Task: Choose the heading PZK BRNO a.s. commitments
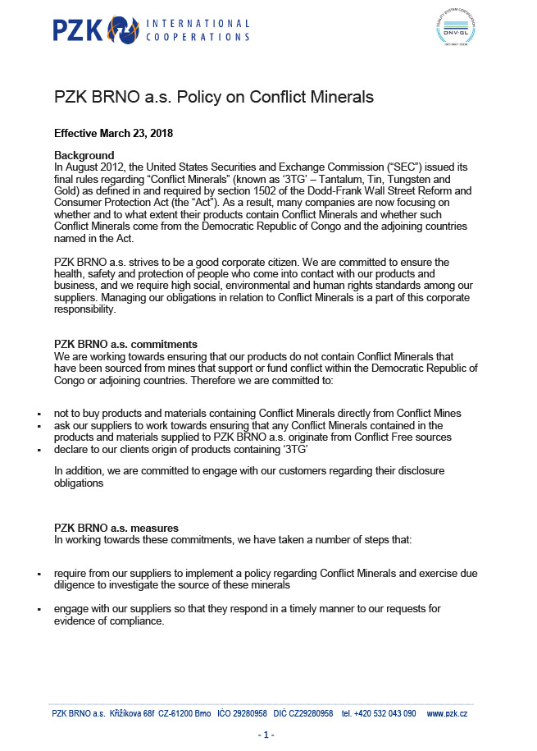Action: click(x=125, y=344)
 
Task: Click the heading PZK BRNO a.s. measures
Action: click(x=116, y=528)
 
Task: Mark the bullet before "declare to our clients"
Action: click(x=39, y=451)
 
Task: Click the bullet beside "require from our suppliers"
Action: click(x=39, y=574)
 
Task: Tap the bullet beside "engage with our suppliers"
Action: click(x=39, y=610)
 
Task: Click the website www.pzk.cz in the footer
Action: click(x=447, y=714)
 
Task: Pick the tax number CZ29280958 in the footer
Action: click(x=305, y=714)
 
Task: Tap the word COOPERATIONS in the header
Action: click(x=197, y=37)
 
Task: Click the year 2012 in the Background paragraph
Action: click(x=107, y=167)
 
